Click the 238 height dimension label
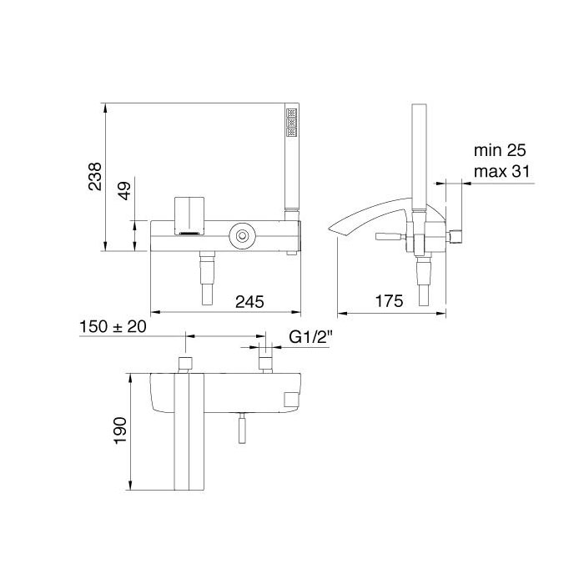coord(95,177)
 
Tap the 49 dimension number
coord(125,191)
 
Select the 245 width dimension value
coord(249,301)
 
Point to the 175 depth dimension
coord(389,301)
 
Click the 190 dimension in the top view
coord(121,430)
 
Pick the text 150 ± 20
coord(113,327)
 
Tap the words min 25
coord(500,150)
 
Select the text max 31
coord(501,172)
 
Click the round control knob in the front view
coord(243,236)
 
